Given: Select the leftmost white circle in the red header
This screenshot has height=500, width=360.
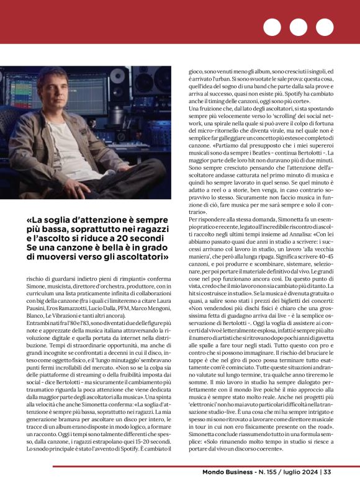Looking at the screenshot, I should pyautogui.click(x=272, y=27).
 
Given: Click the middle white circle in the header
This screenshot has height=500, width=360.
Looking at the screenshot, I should pyautogui.click(x=299, y=27).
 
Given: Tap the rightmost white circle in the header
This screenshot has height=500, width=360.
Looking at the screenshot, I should pyautogui.click(x=325, y=27).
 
